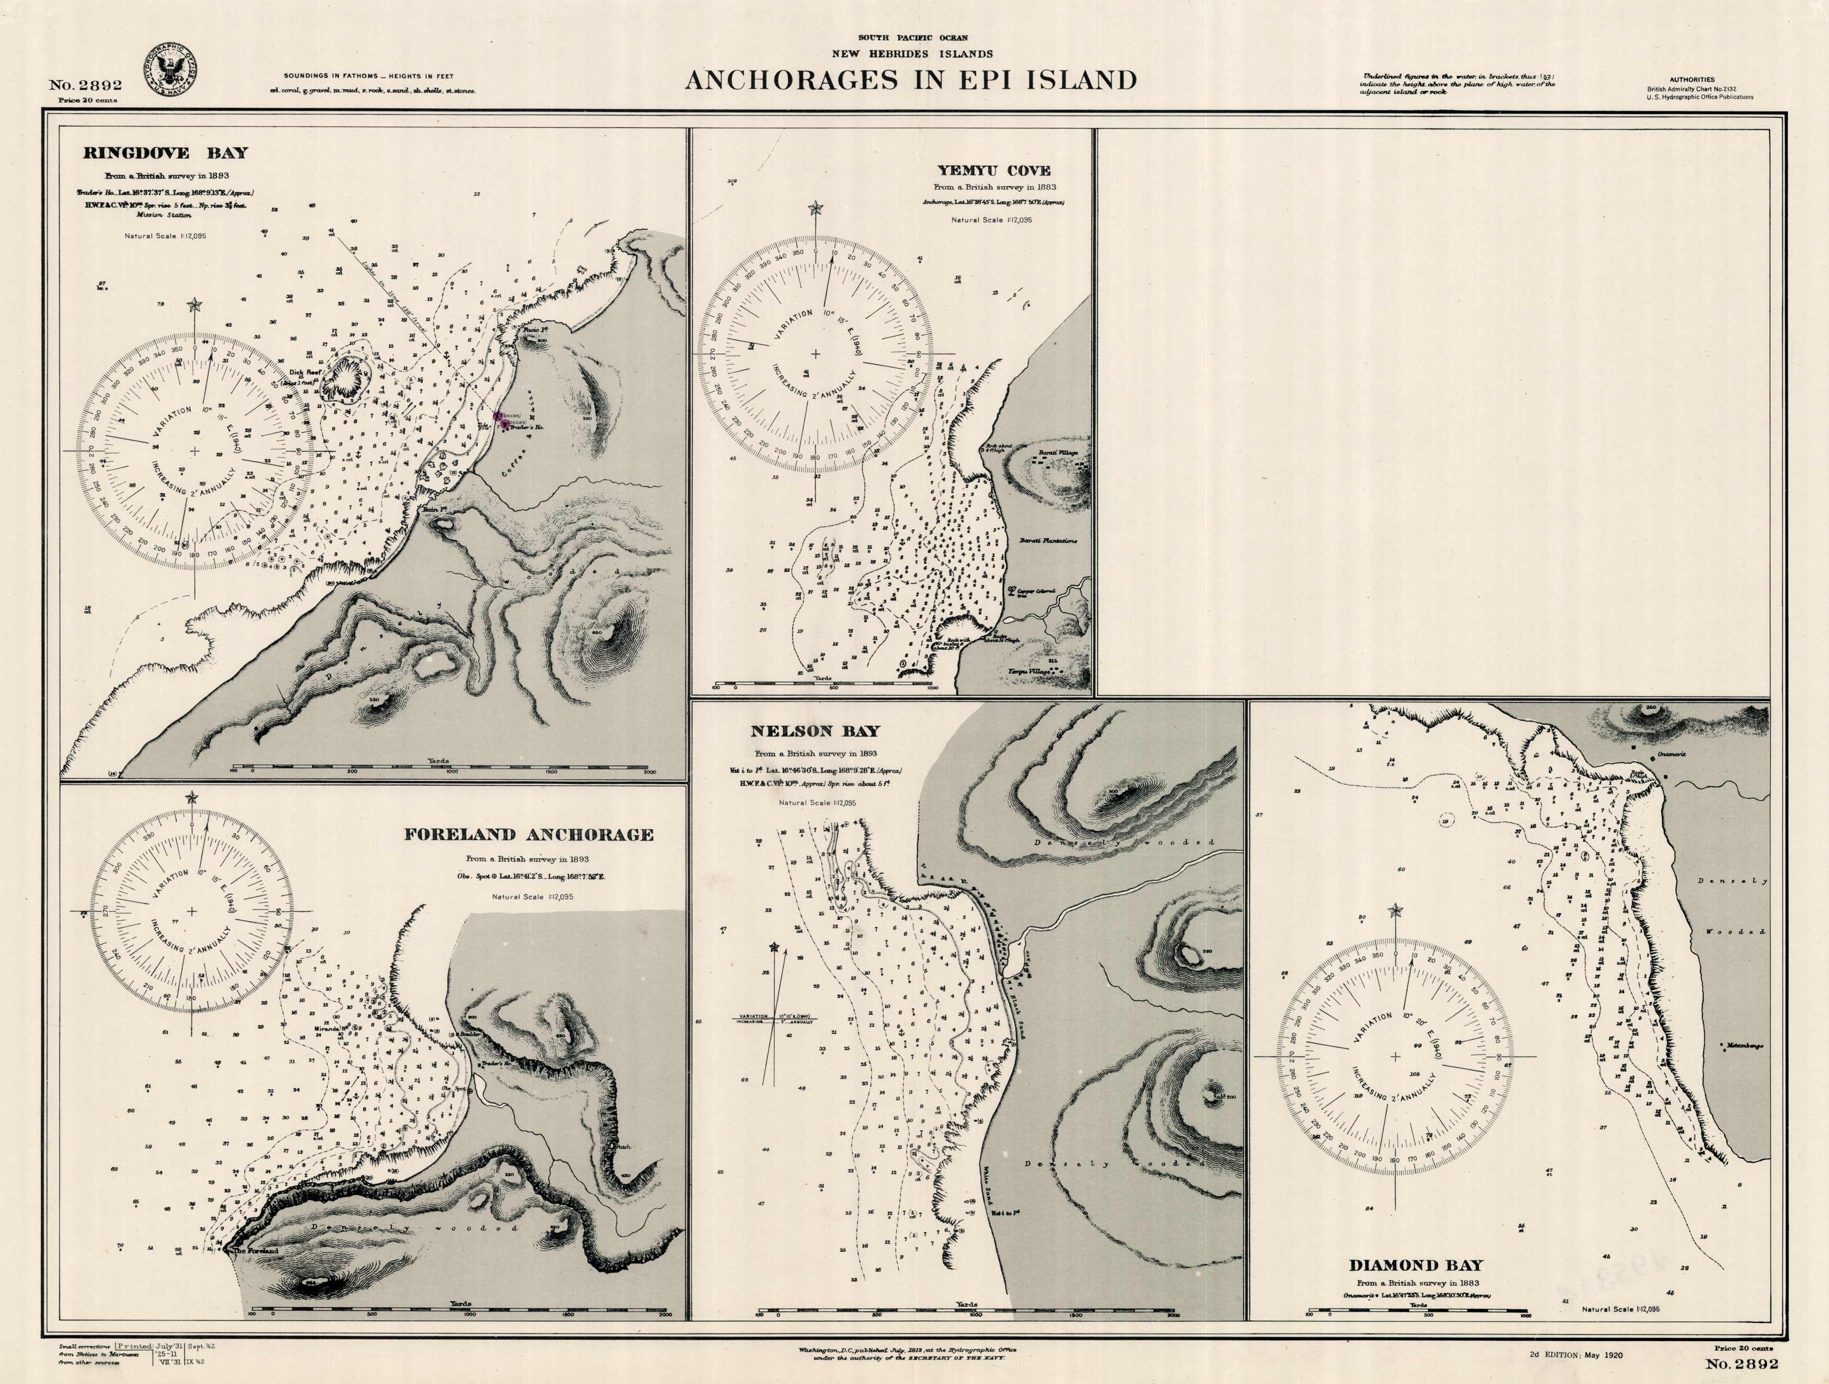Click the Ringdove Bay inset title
tap(165, 153)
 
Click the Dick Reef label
tap(301, 373)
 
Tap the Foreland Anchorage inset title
tap(528, 835)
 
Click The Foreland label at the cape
tap(254, 1251)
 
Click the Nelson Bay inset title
tap(815, 731)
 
